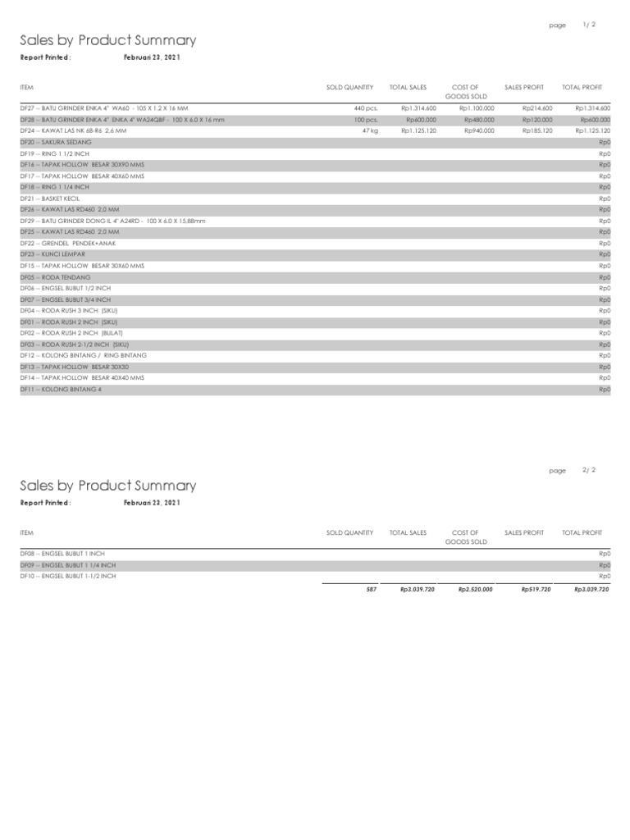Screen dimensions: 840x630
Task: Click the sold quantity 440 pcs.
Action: [x=365, y=107]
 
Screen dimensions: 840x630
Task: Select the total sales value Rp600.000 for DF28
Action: [x=421, y=119]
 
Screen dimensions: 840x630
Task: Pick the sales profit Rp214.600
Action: [x=537, y=107]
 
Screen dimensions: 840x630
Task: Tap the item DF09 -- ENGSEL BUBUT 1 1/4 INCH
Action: [x=68, y=565]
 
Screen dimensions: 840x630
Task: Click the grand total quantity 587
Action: [x=371, y=589]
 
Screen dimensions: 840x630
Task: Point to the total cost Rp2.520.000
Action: [x=475, y=589]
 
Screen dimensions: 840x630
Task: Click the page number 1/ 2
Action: [x=589, y=25]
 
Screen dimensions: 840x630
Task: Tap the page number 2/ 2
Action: [x=589, y=470]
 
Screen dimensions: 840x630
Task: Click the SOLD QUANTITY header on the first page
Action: [x=349, y=86]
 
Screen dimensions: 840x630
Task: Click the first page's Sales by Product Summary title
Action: [x=108, y=40]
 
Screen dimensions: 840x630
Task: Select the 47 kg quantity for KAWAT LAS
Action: [x=369, y=130]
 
